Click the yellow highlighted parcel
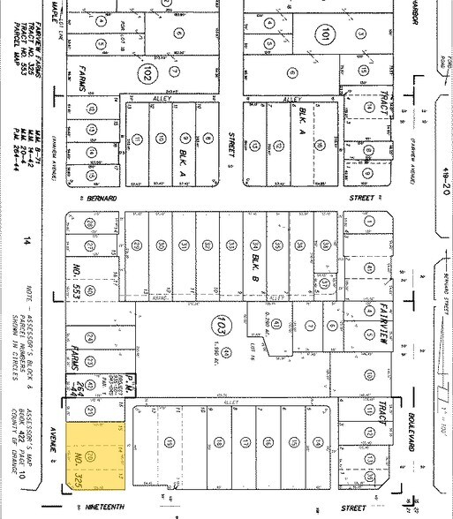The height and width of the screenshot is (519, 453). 92,455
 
